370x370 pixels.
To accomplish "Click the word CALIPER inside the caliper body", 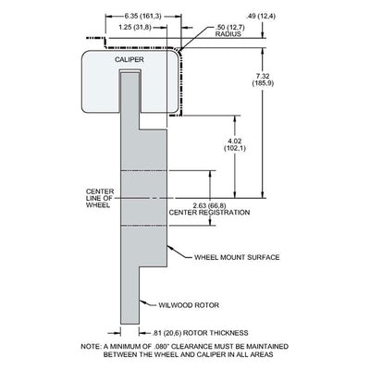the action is click(x=129, y=59).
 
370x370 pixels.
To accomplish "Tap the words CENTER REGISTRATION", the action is click(x=209, y=213).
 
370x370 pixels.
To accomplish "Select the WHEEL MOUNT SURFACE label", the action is click(x=237, y=257).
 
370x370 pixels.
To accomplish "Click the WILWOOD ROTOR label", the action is click(x=189, y=305).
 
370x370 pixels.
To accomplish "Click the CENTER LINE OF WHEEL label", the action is click(x=100, y=198).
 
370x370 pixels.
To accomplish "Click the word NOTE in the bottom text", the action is click(x=90, y=346).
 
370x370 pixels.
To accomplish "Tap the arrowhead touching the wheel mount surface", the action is click(x=170, y=248).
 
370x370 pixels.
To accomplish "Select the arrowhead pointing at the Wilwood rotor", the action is click(x=142, y=302).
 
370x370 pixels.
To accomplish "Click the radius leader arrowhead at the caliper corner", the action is click(x=179, y=49).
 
